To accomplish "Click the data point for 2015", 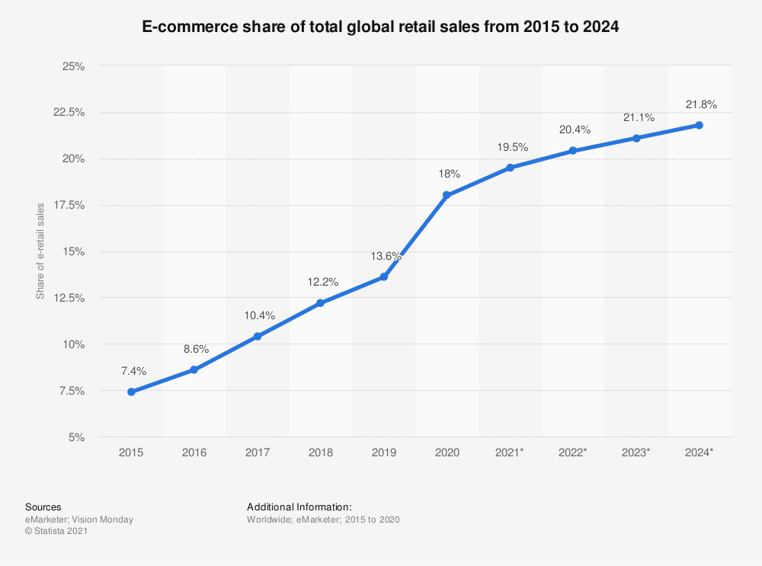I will point(131,392).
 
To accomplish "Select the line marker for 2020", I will point(447,195).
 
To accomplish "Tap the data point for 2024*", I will point(699,125).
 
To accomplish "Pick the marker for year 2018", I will point(320,303).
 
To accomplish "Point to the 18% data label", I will point(449,174).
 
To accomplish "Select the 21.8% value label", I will point(701,104).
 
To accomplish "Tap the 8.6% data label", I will point(196,349).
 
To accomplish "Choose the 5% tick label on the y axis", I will point(75,437).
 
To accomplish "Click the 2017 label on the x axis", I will point(258,452).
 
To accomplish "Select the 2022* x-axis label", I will point(573,452).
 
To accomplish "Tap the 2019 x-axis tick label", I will point(383,452).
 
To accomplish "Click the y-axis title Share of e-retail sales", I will point(40,251).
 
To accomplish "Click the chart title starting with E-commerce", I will point(381,27).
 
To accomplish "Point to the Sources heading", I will point(43,507).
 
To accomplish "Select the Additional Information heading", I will point(299,507).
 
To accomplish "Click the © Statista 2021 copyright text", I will point(56,532).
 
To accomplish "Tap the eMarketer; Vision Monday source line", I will point(79,520).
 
